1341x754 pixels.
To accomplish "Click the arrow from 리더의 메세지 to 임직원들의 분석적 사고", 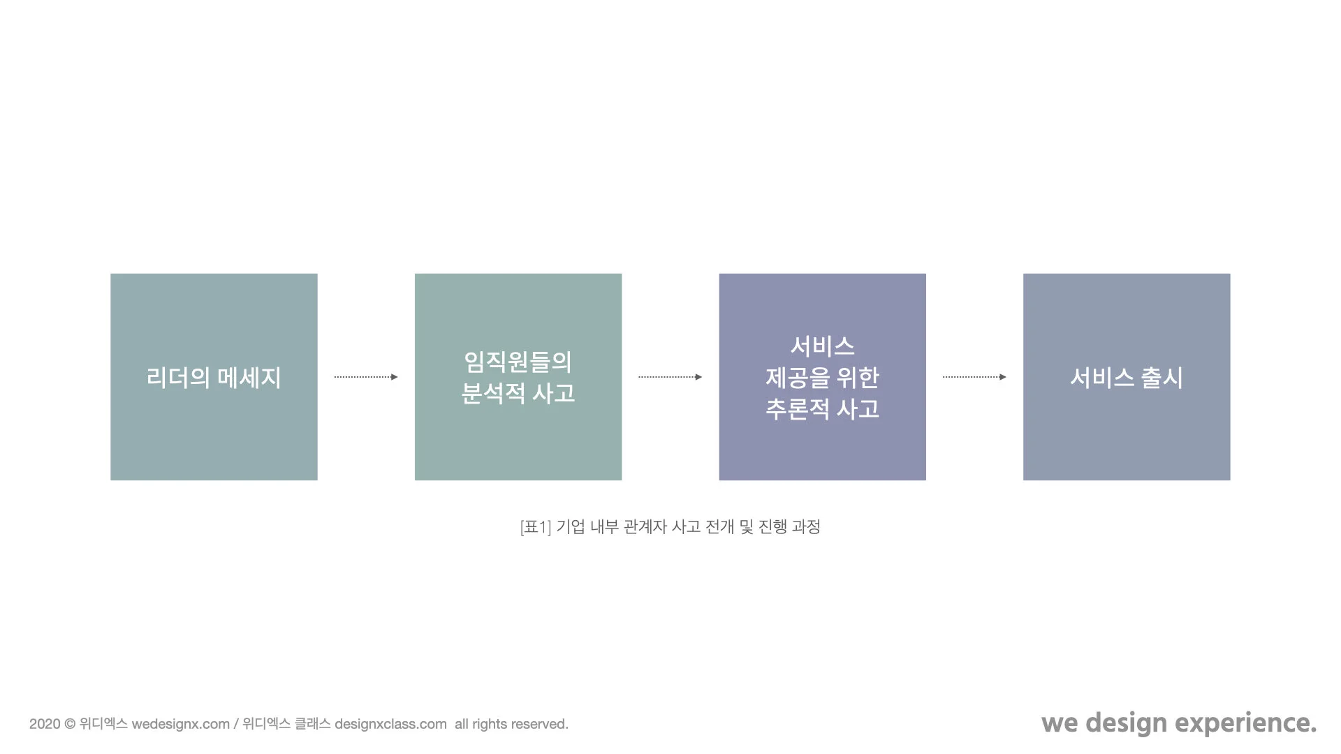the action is coord(365,377).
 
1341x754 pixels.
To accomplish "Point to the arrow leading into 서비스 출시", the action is coord(974,377).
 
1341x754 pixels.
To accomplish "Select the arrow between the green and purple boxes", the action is coord(669,377).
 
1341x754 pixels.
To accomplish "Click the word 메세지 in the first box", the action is coord(249,378).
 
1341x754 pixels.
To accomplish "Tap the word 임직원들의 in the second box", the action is coord(518,362).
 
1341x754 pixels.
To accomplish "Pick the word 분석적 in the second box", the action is coord(493,393).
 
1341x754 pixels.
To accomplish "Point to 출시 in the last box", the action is coord(1162,378).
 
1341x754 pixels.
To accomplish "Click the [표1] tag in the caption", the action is coord(536,526).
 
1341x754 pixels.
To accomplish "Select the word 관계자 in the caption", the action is coord(645,526).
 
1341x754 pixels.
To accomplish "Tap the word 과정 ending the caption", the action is coord(806,526).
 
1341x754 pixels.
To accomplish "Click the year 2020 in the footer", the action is coord(45,724).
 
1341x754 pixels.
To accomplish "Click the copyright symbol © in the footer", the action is coord(70,724).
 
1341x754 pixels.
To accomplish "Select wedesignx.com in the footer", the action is coord(180,724).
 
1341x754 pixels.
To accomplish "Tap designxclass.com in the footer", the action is coord(390,724).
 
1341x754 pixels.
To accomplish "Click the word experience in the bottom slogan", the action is coord(1246,723).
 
